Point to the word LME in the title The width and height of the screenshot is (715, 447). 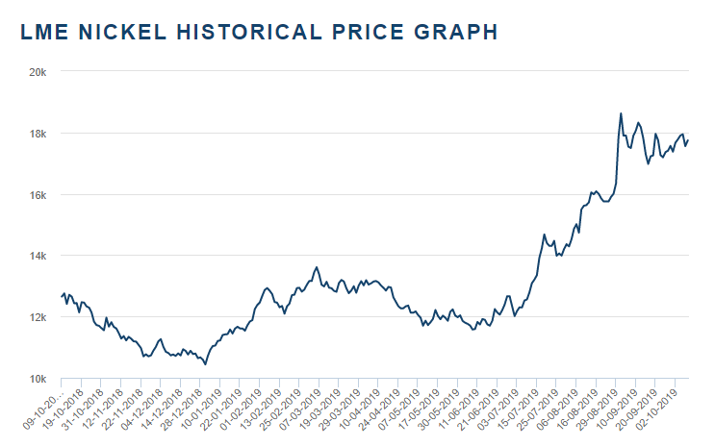point(41,32)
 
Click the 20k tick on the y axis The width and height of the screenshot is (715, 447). point(40,72)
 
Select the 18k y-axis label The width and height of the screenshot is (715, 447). point(40,134)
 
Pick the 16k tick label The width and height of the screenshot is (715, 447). point(40,195)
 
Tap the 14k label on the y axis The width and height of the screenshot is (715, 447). point(40,257)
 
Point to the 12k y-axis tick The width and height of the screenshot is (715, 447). point(40,318)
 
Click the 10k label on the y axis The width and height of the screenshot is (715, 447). point(40,380)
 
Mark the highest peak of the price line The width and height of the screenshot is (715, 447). point(621,113)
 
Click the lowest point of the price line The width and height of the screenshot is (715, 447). point(205,364)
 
